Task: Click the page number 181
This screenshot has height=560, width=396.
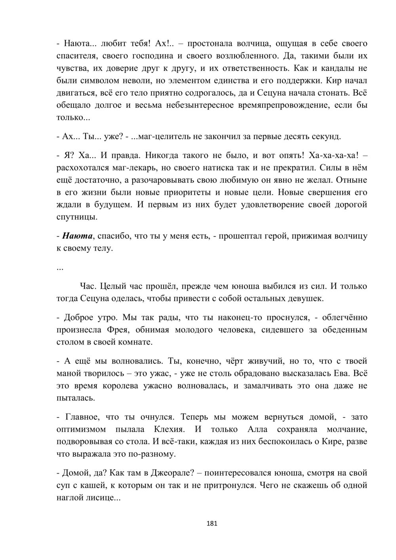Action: point(212,524)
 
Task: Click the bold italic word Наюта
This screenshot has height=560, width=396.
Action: point(77,236)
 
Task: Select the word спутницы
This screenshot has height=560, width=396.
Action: point(76,217)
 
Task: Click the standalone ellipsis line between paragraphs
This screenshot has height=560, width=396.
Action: point(61,268)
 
